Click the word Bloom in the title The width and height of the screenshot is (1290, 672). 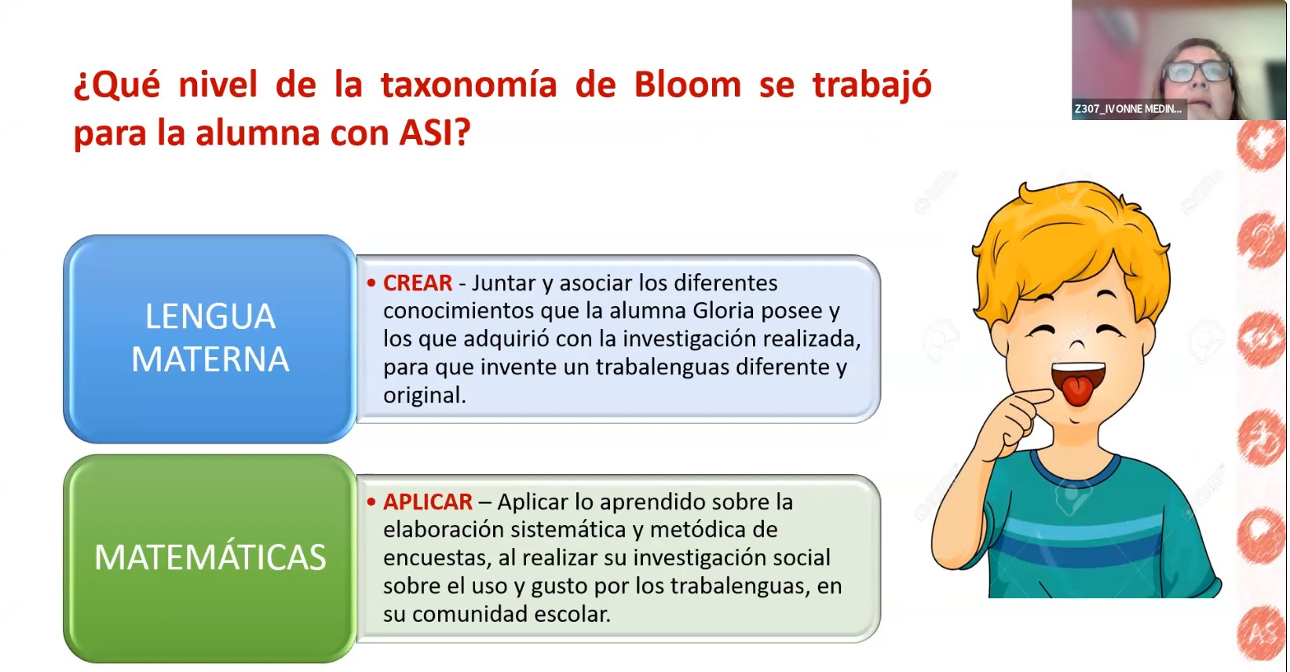click(687, 85)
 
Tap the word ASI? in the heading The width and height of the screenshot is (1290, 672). click(435, 132)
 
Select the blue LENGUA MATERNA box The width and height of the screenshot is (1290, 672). click(210, 338)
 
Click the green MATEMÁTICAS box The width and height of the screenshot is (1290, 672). click(210, 558)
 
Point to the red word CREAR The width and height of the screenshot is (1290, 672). click(418, 283)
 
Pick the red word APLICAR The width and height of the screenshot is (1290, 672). click(427, 502)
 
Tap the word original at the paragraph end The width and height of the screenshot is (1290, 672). click(425, 395)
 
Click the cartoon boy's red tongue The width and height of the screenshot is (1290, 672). click(1077, 390)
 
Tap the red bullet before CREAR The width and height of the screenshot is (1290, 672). click(371, 283)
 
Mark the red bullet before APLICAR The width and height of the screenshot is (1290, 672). click(371, 502)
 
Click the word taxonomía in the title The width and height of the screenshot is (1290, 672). click(469, 85)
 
